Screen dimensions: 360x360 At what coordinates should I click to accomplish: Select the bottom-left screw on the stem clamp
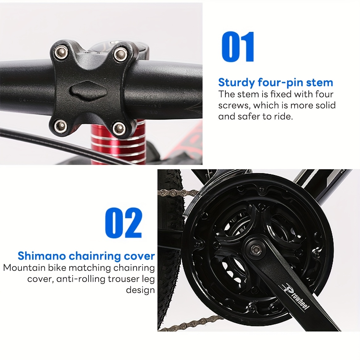(61, 126)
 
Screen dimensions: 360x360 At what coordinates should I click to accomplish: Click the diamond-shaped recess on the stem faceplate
(89, 92)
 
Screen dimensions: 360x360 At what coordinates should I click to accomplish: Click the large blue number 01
(238, 47)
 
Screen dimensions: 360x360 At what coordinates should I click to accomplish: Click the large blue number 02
(124, 223)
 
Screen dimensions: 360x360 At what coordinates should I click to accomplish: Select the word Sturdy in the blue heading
(236, 83)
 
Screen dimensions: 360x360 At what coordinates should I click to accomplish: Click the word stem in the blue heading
(319, 82)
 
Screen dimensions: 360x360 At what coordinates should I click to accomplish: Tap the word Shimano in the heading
(42, 256)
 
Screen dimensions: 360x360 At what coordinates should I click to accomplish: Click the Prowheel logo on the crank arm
(296, 297)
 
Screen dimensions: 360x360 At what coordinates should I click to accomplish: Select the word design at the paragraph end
(140, 290)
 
